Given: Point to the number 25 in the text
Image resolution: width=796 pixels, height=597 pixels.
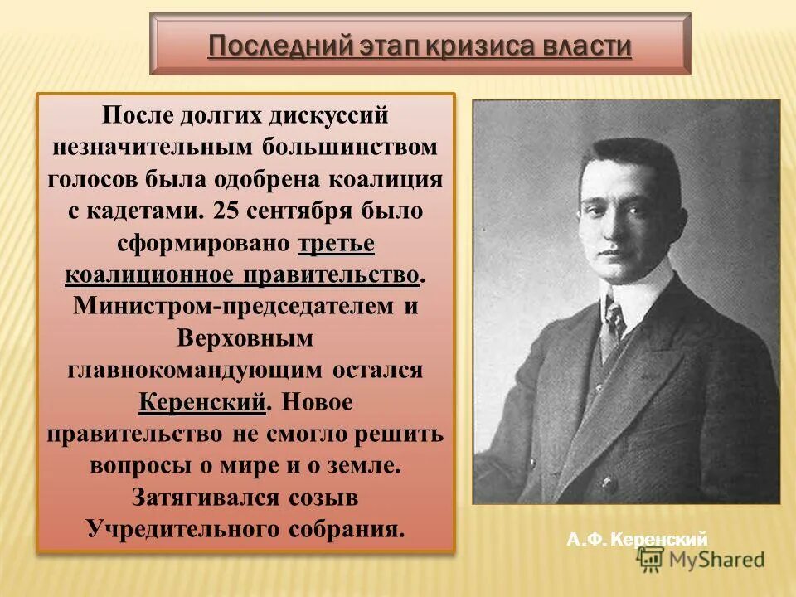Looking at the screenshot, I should coord(225,211).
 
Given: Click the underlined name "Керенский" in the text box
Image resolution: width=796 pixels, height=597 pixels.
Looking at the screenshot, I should coord(202,402).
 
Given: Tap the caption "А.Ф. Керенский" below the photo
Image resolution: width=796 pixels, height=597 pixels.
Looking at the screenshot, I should coord(637,541).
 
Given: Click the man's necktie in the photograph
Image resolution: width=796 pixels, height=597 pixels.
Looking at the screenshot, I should coord(614,322).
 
